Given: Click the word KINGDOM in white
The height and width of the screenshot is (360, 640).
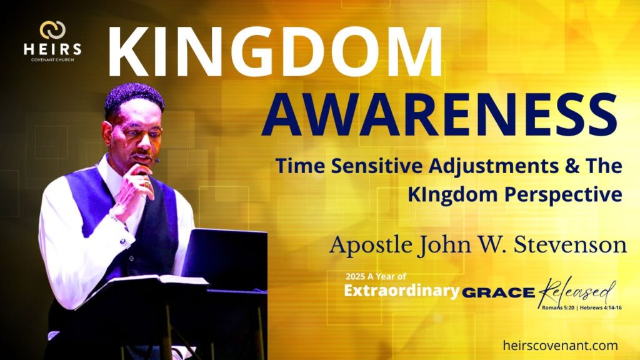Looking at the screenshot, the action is [275, 52].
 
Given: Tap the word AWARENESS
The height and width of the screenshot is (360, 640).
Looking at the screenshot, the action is [439, 114].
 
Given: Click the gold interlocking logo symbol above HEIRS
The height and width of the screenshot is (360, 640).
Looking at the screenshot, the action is [52, 30].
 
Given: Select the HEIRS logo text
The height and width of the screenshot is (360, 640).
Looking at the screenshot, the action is [52, 49].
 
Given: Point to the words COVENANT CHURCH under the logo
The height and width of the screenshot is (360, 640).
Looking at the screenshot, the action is [52, 60].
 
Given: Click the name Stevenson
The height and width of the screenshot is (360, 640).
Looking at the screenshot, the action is [570, 245].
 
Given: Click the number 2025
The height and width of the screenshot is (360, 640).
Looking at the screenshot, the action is [355, 276].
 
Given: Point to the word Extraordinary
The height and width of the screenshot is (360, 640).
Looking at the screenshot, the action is [402, 291].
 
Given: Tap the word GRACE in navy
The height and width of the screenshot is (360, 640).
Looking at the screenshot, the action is [498, 292].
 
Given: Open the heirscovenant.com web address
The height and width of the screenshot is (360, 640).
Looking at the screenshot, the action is [561, 346].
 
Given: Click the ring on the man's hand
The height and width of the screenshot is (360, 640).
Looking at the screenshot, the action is [146, 184].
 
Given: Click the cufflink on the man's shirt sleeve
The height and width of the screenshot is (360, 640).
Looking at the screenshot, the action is [123, 241].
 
